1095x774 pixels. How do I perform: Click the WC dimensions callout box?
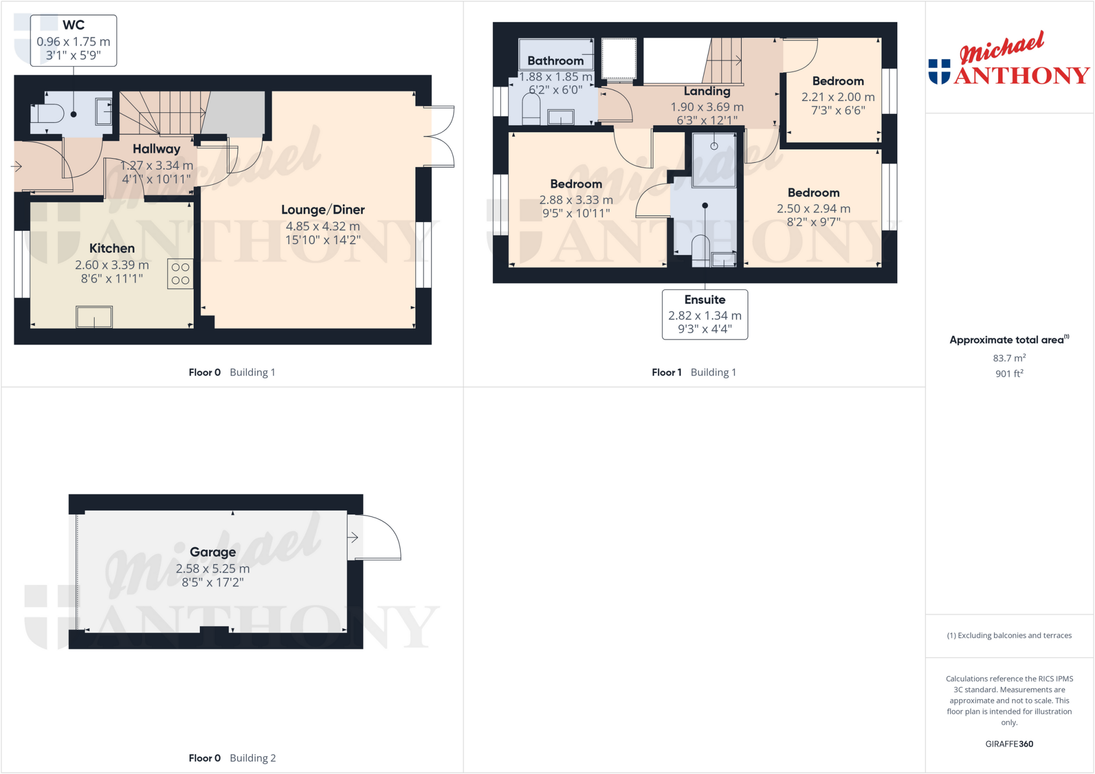coord(73,41)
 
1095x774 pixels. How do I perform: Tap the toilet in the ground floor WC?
coord(48,113)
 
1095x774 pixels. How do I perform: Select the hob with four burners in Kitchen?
coord(180,274)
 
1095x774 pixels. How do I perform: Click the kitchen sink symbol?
coord(94,317)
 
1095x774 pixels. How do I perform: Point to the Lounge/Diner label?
coord(323,209)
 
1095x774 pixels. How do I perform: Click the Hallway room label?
coord(156,148)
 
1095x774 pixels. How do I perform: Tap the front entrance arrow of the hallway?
coord(17,167)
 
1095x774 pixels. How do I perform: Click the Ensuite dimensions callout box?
coord(705,315)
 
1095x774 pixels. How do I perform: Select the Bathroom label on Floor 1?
coord(556,61)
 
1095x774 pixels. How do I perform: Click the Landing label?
coord(707,91)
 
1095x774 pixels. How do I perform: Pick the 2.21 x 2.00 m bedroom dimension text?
coord(838,97)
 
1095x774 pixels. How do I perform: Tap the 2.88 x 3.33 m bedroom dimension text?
coord(576,200)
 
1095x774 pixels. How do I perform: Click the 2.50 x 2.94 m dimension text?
coord(813,209)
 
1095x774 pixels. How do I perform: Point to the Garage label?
coord(213,552)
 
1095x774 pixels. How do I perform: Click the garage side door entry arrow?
coord(353,537)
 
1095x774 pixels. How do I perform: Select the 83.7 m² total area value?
coord(1009,358)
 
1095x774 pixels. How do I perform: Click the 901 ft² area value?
coord(1009,373)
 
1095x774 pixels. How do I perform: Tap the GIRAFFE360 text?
coord(1009,744)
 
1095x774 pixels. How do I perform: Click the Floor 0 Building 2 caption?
coord(232,758)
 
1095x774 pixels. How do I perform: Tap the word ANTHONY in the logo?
coord(1021,76)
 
